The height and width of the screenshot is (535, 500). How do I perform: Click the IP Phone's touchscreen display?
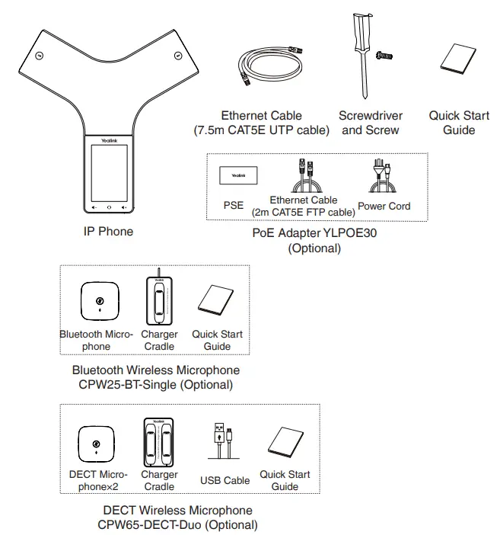click(108, 174)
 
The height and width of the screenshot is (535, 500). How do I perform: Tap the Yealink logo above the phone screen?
click(108, 141)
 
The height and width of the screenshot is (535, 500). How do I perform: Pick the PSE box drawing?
click(234, 177)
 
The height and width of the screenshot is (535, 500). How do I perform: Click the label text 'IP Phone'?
click(107, 231)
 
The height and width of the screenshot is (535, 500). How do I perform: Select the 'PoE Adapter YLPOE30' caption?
click(314, 233)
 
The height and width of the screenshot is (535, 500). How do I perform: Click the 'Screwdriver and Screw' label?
click(371, 123)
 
